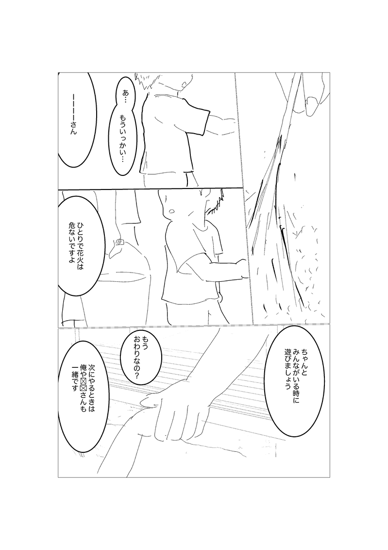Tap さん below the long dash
pyautogui.click(x=73, y=128)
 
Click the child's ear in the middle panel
pyautogui.click(x=171, y=211)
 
